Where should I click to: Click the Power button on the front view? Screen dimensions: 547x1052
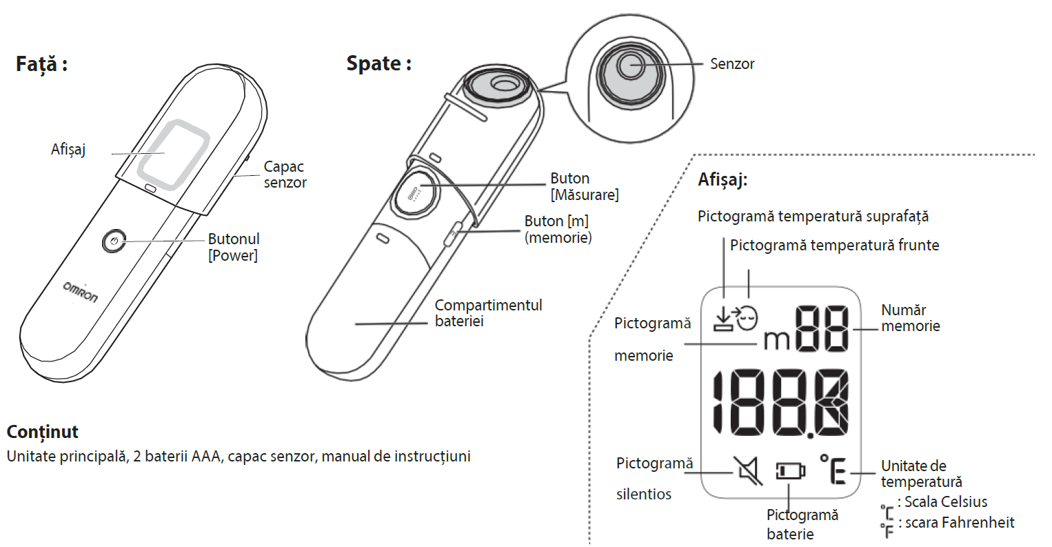point(114,241)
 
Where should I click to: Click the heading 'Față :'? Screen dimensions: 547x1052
point(41,65)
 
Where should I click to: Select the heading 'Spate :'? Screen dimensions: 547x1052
point(378,64)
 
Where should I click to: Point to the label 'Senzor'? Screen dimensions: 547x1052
point(732,64)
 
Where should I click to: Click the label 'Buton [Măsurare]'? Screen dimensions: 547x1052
point(584,186)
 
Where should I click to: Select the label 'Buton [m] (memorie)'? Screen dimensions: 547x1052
point(558,229)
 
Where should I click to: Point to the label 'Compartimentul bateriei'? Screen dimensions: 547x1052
point(488,312)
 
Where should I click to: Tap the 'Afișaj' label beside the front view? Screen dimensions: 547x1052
point(68,150)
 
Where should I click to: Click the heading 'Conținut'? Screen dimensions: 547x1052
point(43,432)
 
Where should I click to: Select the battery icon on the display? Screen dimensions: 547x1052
point(790,471)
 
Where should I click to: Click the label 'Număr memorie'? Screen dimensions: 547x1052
point(910,318)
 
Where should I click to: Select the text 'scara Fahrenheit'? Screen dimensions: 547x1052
point(960,523)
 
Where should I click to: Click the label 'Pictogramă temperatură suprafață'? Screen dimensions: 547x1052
point(813,217)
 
